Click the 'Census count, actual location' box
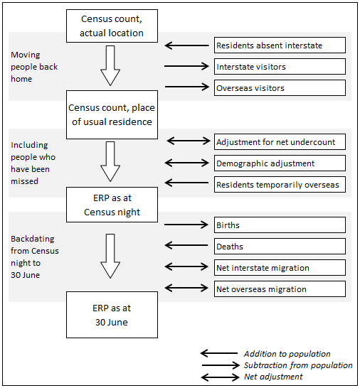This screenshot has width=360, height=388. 112,26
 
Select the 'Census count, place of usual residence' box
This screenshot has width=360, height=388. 112,114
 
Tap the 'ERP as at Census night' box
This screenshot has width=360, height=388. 112,205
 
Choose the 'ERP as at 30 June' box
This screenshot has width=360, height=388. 112,314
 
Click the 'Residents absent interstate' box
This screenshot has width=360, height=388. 280,45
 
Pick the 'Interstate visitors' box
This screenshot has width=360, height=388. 280,67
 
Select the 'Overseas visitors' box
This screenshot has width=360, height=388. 280,88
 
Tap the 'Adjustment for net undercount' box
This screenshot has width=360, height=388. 280,141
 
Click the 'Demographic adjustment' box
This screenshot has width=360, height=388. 280,163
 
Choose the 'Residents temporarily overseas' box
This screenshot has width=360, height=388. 280,185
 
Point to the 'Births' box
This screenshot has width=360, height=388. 280,225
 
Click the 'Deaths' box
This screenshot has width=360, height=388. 280,247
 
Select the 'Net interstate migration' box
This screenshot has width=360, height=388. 280,268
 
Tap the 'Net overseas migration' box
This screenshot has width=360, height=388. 280,289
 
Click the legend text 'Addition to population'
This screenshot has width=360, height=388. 287,354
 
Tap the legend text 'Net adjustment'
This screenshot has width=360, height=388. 272,377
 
